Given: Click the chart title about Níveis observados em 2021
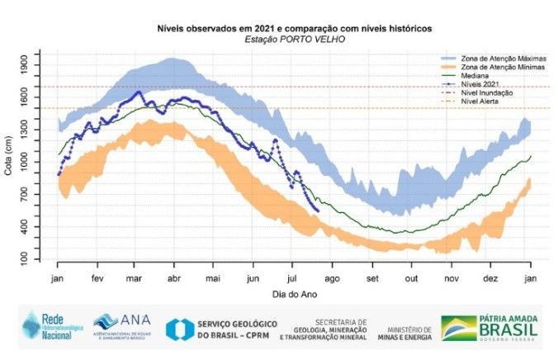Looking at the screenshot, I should pos(294,28).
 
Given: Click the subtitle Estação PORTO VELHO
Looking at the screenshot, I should pos(294,39).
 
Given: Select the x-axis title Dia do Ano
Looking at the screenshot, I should pos(295,293).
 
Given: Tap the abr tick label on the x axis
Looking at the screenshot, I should pos(174,278).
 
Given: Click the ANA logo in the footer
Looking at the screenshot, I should pos(117,324).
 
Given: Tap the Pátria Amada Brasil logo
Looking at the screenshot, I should pos(490,328).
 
